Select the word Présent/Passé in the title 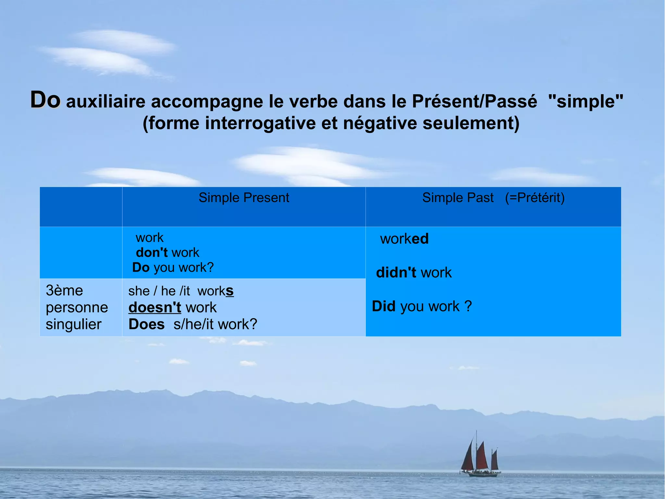click(474, 101)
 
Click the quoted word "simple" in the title click(585, 101)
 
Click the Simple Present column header click(244, 198)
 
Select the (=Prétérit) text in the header click(535, 198)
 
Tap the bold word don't click(152, 253)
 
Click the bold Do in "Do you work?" click(141, 268)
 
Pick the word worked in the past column click(404, 239)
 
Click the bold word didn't click(396, 273)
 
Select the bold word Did click(383, 307)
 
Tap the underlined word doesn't click(155, 308)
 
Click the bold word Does click(146, 324)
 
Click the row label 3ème click(64, 291)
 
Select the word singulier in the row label click(74, 324)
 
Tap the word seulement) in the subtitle click(471, 123)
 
